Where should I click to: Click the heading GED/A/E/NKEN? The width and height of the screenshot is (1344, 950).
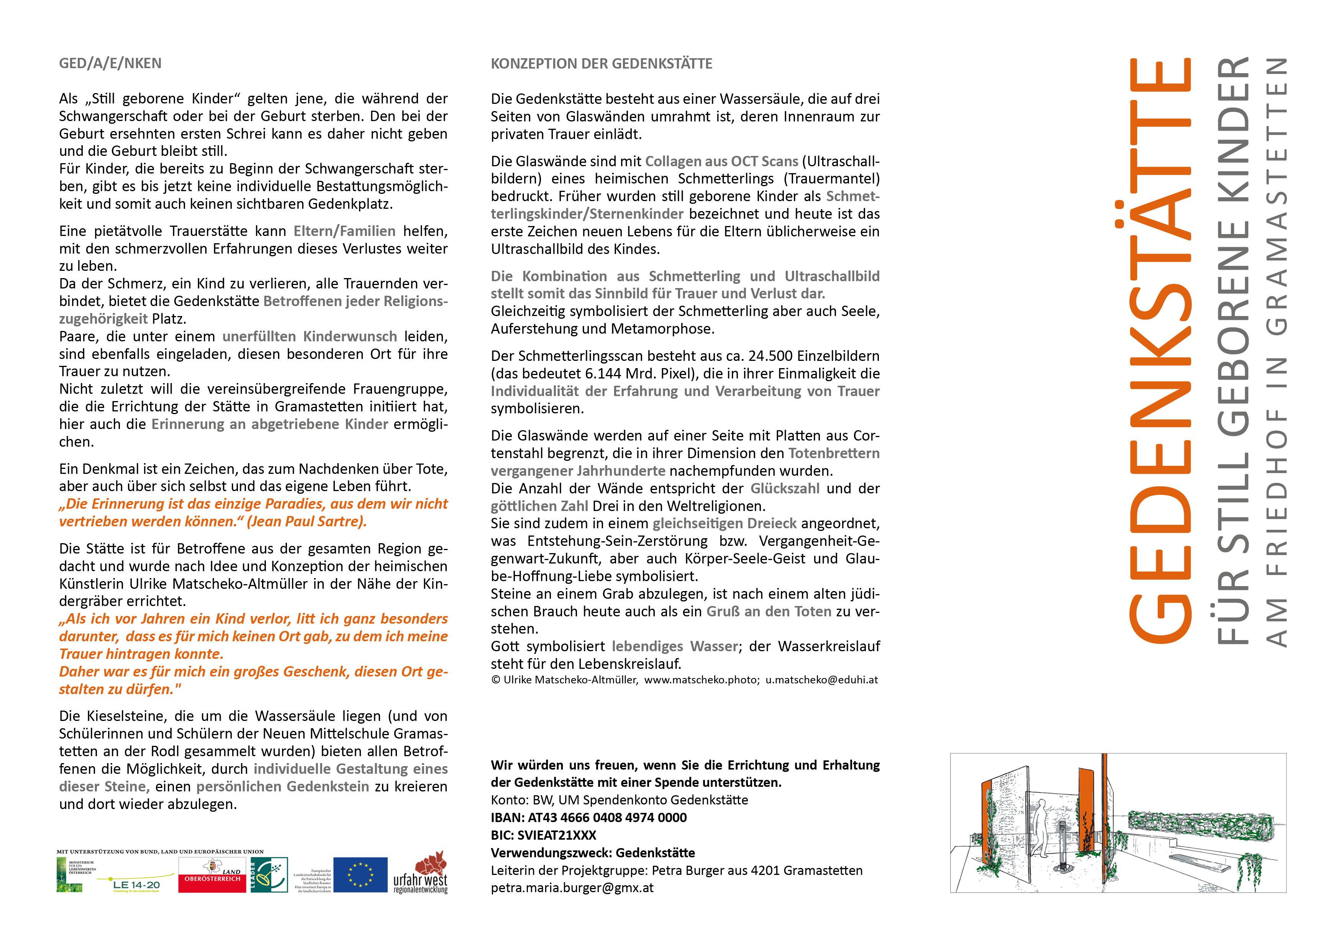point(110,63)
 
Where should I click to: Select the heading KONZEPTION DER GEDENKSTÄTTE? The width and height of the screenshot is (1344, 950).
point(601,63)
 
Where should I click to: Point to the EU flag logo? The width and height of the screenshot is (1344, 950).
point(360,875)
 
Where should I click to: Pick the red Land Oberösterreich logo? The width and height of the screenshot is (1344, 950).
point(212,875)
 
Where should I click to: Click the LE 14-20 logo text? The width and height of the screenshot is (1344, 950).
point(136,884)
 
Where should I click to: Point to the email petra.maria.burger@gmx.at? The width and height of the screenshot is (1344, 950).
point(572,888)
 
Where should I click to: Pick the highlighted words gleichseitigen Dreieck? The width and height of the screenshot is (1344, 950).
point(725,523)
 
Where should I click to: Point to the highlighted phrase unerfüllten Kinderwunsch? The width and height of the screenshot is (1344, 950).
point(310,337)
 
